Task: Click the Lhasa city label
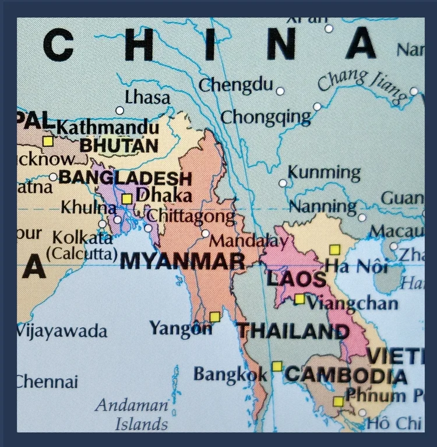point(147,97)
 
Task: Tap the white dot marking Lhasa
point(119,110)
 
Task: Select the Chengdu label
point(235,86)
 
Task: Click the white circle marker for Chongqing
point(317,107)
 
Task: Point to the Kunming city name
point(324,173)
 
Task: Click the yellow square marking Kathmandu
point(48,141)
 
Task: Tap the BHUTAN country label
point(119,145)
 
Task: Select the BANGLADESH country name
point(125,178)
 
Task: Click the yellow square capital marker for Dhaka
point(126,199)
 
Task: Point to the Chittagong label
point(191,216)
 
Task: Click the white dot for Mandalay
point(205,233)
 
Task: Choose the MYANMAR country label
point(182,262)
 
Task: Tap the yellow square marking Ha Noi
point(334,249)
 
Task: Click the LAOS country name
point(296,279)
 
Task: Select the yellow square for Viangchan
point(299,299)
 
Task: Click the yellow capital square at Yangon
point(215,316)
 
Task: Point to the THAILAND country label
point(292,331)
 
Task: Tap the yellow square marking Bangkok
point(277,366)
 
